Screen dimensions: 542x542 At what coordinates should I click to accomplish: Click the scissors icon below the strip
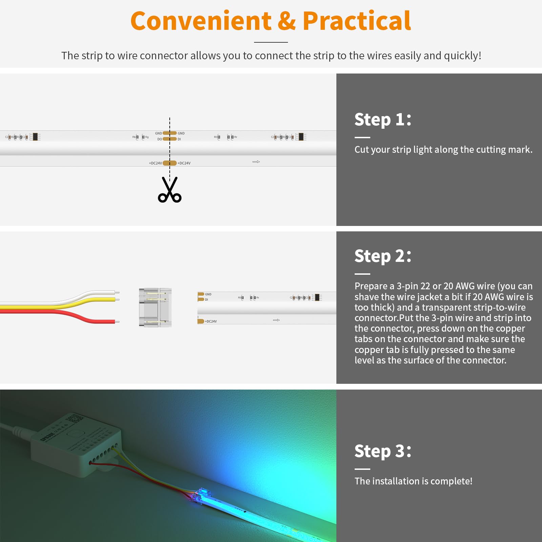pos(170,190)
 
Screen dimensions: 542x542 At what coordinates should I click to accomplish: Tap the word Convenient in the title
pos(201,21)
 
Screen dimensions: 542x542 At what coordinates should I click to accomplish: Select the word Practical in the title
pos(357,21)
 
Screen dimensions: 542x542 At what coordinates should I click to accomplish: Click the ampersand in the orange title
pos(287,21)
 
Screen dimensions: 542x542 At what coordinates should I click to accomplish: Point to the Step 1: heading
pos(383,120)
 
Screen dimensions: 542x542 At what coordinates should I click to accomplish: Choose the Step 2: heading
pos(383,256)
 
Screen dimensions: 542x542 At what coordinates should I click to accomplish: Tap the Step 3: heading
pos(383,451)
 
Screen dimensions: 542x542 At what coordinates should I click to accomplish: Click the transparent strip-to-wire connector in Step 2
pos(155,308)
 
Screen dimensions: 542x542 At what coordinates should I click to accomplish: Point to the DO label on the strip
pos(160,139)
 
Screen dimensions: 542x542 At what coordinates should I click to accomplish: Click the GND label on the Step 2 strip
pos(208,294)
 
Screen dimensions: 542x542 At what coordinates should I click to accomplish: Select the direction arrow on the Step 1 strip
pos(256,162)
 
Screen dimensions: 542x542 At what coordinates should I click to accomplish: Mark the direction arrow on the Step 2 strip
pos(276,320)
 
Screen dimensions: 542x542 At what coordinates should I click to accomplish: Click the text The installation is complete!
pos(413,481)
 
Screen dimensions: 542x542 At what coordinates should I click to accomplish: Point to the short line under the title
pos(271,42)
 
